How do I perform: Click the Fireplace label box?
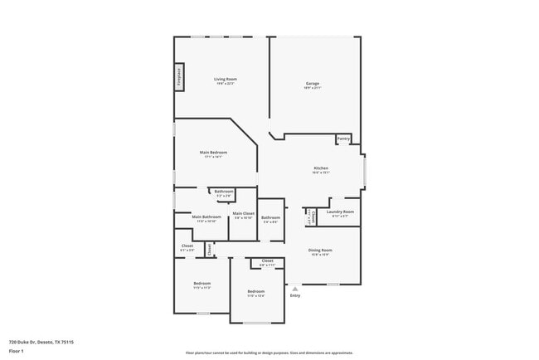(x=178, y=77)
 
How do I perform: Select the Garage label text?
(x=313, y=83)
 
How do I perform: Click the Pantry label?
(x=343, y=139)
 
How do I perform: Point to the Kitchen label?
(x=321, y=168)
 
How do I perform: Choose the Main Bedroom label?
(x=213, y=153)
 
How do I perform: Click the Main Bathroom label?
(x=206, y=216)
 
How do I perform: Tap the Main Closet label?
(x=243, y=214)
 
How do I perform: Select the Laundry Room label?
(x=340, y=212)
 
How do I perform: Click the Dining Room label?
(x=320, y=251)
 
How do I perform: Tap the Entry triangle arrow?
(x=294, y=289)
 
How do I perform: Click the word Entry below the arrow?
(x=294, y=295)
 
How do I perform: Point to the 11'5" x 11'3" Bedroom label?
(x=202, y=284)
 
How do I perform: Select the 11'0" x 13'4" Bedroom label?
(x=255, y=291)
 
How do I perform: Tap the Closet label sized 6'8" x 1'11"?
(x=267, y=262)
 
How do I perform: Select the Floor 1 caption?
(x=17, y=351)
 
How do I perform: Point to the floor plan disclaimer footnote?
(x=269, y=352)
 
